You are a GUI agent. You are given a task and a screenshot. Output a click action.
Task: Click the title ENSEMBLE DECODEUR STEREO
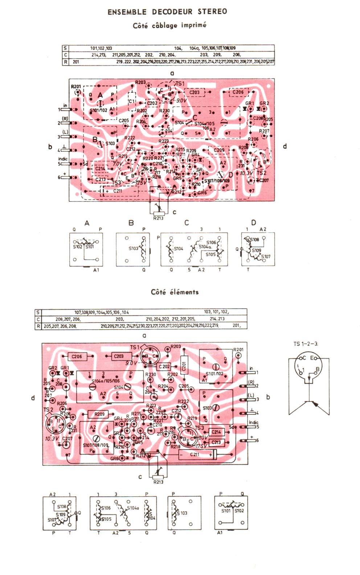[x=167, y=12]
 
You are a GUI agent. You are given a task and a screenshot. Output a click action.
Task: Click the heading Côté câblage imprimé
[x=169, y=25]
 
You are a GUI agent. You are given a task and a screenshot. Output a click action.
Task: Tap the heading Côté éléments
[x=175, y=292]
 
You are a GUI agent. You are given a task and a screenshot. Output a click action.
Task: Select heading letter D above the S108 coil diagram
[x=254, y=223]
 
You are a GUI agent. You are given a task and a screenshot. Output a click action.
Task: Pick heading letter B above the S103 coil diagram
[x=131, y=223]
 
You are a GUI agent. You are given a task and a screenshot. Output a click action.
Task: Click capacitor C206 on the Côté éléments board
[x=77, y=356]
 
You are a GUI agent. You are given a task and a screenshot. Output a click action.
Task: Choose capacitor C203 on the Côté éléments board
[x=119, y=356]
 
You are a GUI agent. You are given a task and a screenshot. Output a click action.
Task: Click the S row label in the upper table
[x=65, y=48]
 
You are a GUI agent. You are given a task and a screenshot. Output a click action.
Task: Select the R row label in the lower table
[x=38, y=326]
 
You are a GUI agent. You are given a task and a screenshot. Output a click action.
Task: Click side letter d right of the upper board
[x=285, y=146]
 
